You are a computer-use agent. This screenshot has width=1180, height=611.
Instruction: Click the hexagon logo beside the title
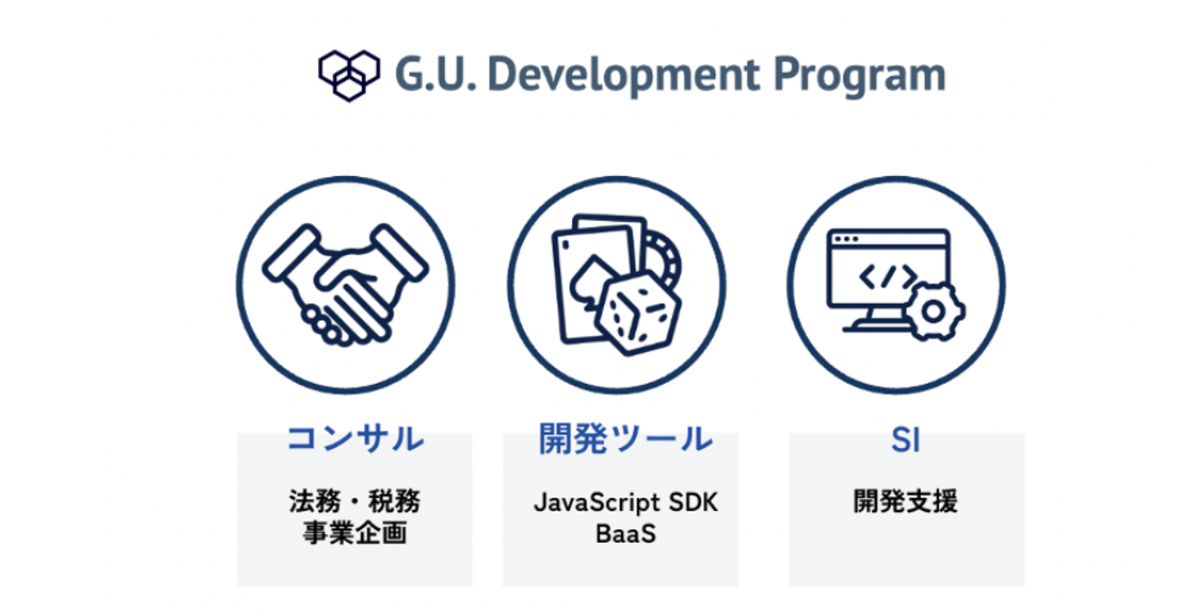click(349, 75)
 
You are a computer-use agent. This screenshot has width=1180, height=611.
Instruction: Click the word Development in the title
click(624, 76)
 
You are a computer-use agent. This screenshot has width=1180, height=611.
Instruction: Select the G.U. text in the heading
click(435, 75)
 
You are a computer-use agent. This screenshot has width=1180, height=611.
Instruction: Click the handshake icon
click(346, 284)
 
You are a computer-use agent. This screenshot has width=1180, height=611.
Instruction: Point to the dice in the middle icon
click(638, 313)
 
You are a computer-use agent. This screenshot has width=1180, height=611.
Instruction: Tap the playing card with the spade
click(592, 284)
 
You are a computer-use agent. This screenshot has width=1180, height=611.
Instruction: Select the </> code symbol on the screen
click(888, 277)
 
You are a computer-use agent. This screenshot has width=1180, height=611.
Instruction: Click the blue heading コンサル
click(356, 439)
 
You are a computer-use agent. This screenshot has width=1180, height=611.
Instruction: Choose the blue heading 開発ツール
click(626, 438)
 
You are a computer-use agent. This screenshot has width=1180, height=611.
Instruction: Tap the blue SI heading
click(905, 440)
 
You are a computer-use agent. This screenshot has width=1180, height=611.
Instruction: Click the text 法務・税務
click(355, 501)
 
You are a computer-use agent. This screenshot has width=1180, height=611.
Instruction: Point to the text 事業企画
click(355, 532)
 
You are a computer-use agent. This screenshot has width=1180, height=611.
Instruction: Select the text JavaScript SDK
click(626, 503)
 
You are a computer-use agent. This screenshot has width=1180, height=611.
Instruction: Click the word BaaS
click(626, 533)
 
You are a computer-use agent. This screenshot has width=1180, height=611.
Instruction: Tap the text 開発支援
click(905, 501)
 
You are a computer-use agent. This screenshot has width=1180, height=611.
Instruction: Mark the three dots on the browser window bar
click(846, 239)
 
